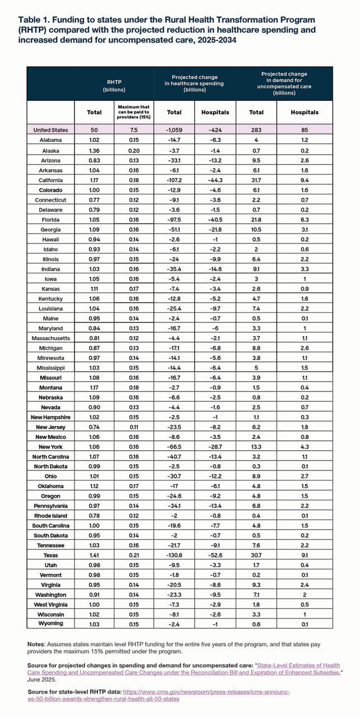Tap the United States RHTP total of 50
pyautogui.click(x=94, y=130)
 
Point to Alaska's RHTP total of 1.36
pyautogui.click(x=94, y=150)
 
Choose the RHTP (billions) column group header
pyautogui.click(x=114, y=86)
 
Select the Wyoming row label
pyautogui.click(x=51, y=623)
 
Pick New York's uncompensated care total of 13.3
pyautogui.click(x=256, y=446)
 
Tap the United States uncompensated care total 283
pyautogui.click(x=256, y=130)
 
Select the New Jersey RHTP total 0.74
pyautogui.click(x=94, y=427)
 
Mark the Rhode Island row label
pyautogui.click(x=51, y=516)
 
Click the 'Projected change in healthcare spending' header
pyautogui.click(x=195, y=83)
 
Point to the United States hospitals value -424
pyautogui.click(x=215, y=130)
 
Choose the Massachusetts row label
pyautogui.click(x=51, y=338)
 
